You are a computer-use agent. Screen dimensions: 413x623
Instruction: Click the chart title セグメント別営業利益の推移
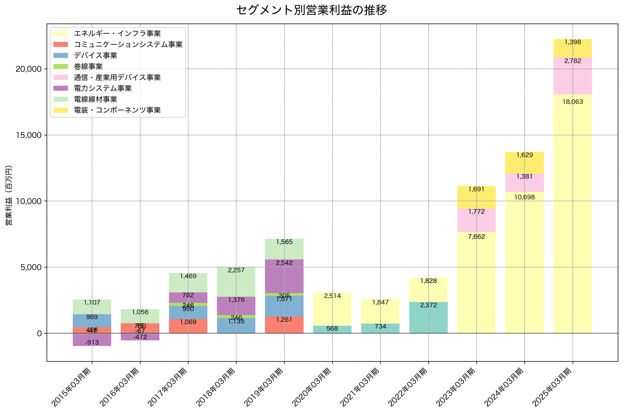tap(311, 10)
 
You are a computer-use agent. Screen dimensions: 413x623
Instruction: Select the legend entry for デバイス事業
tap(95, 55)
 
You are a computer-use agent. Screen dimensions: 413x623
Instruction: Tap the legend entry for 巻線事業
tap(88, 66)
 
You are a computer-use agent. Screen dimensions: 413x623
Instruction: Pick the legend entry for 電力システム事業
tap(102, 88)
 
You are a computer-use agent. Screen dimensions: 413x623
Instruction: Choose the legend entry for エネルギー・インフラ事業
tap(117, 33)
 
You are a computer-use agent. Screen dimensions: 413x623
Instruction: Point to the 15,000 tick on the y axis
tap(29, 135)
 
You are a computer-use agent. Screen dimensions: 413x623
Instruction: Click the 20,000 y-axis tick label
tap(29, 69)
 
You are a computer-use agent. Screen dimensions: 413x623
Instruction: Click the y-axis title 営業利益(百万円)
tap(9, 195)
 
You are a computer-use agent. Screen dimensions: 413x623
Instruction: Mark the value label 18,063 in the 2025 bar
tap(572, 102)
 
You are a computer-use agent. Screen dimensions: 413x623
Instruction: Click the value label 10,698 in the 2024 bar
tap(524, 197)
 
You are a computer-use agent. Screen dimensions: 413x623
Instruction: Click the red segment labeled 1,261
tap(284, 325)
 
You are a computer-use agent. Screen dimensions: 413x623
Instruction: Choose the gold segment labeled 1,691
tap(476, 197)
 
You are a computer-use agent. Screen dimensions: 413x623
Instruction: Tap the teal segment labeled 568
tap(332, 330)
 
